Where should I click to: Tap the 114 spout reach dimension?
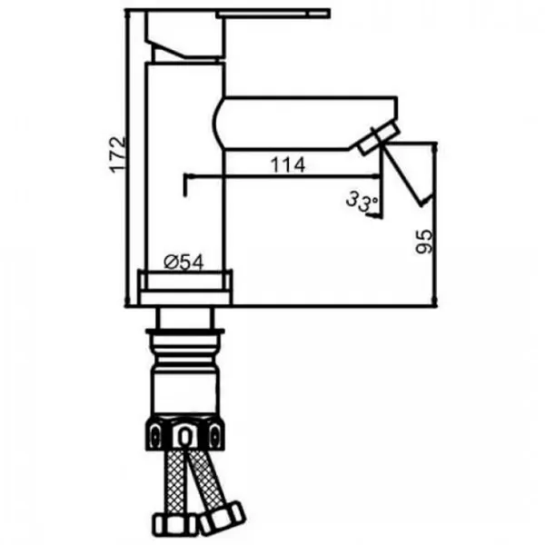[288, 165]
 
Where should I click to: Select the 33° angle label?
[362, 202]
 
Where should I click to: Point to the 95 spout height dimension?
[424, 242]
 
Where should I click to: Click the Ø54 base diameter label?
[183, 263]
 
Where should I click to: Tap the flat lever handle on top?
[272, 15]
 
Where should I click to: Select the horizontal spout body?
[306, 124]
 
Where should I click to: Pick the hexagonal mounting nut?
[185, 432]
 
